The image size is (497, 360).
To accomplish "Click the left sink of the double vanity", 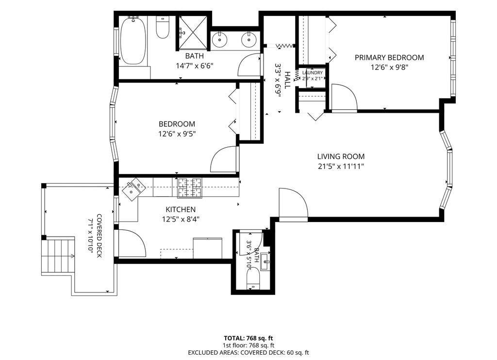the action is [218, 39].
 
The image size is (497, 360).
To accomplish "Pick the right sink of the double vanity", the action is [248, 39].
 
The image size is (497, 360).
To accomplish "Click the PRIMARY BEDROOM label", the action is [389, 57].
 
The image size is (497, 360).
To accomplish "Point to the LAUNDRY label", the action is [313, 73].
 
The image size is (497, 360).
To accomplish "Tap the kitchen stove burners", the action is [190, 188].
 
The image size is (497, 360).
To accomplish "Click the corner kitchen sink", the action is [134, 189].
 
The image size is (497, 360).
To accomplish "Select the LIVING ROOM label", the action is [341, 156].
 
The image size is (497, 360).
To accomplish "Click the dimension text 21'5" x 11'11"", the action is [341, 166].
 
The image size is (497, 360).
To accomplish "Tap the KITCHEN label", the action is [181, 209].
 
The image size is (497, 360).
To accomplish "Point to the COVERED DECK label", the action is [99, 236].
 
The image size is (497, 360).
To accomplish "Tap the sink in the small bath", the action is [265, 263].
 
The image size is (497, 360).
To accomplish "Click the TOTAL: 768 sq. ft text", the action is [248, 338].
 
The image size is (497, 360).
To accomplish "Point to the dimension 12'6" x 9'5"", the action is [177, 134].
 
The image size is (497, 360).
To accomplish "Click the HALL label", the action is [287, 80].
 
